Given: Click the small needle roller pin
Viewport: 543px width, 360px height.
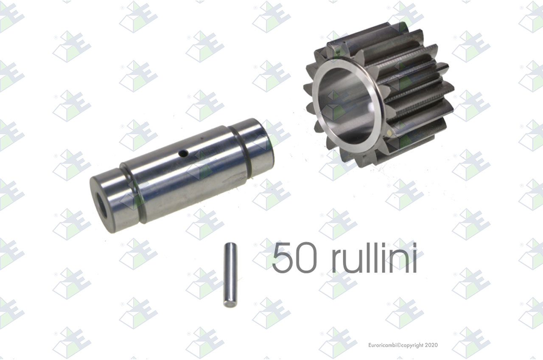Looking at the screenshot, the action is pos(230,275).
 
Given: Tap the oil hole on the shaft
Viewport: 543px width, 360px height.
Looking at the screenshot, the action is pos(183,153).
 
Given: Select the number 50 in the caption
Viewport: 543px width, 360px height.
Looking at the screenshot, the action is pos(294,257).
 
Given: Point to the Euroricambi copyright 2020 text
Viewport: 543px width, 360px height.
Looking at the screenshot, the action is pos(403,345).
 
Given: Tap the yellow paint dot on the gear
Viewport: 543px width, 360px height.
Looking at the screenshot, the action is pos(389,132).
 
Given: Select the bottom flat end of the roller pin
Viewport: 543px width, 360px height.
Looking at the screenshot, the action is pos(230,304).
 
